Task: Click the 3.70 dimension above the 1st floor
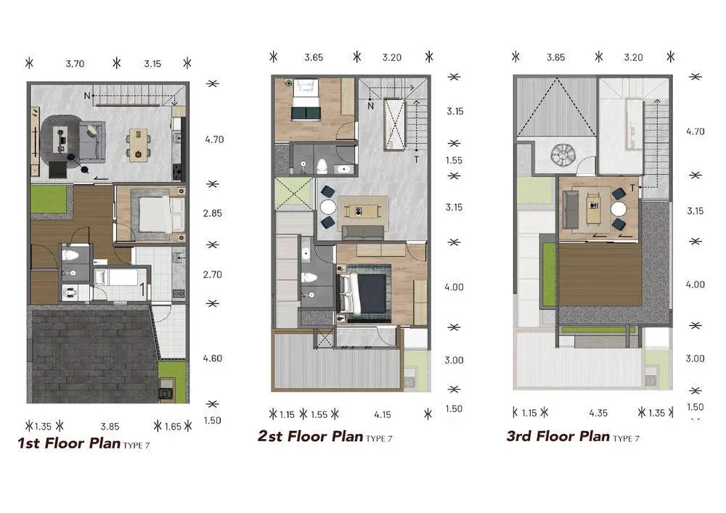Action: tap(75, 64)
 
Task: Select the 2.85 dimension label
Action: tap(213, 213)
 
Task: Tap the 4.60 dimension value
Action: tap(213, 358)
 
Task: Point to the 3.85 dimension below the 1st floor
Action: tap(110, 427)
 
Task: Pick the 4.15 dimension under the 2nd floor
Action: tap(383, 415)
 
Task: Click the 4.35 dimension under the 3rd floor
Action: tap(598, 413)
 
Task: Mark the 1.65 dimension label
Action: tap(174, 427)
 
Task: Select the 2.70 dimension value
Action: tap(213, 275)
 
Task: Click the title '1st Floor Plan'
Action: tap(69, 443)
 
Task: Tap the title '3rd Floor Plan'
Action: tap(558, 436)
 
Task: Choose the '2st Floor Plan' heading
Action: tap(310, 436)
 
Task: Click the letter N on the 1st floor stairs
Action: tap(87, 96)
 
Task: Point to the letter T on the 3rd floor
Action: tap(632, 188)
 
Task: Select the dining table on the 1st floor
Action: tap(139, 145)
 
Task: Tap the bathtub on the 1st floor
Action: tap(118, 278)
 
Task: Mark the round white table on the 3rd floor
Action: tap(619, 210)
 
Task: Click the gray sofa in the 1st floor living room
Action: tap(92, 141)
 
